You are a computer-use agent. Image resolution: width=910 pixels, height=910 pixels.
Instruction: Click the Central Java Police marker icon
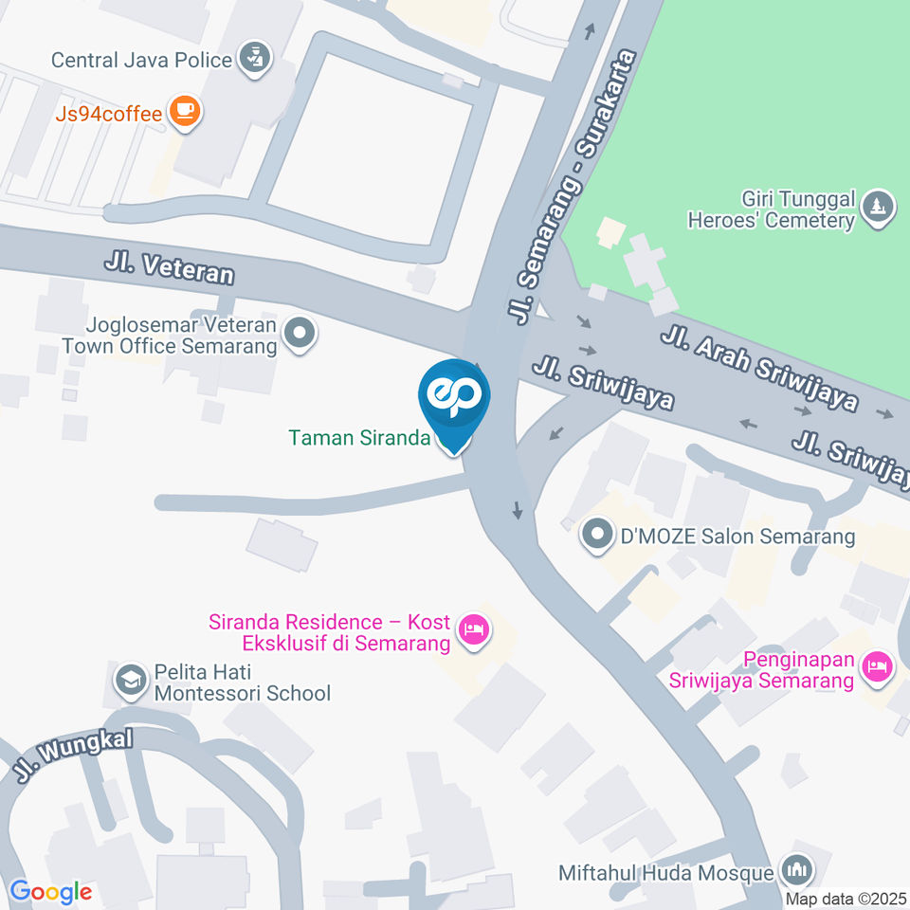(253, 59)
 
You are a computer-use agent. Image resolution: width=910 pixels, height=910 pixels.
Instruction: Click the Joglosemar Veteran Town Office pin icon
(300, 334)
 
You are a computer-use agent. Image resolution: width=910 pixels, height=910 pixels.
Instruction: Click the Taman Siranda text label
(359, 438)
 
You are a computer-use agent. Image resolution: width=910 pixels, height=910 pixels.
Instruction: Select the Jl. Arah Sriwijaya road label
(759, 369)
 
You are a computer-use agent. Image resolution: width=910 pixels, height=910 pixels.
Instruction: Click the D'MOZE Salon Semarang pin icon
(597, 537)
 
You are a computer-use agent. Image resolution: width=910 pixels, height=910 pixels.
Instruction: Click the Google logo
(50, 892)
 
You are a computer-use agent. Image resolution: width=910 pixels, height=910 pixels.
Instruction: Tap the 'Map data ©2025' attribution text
(846, 898)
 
